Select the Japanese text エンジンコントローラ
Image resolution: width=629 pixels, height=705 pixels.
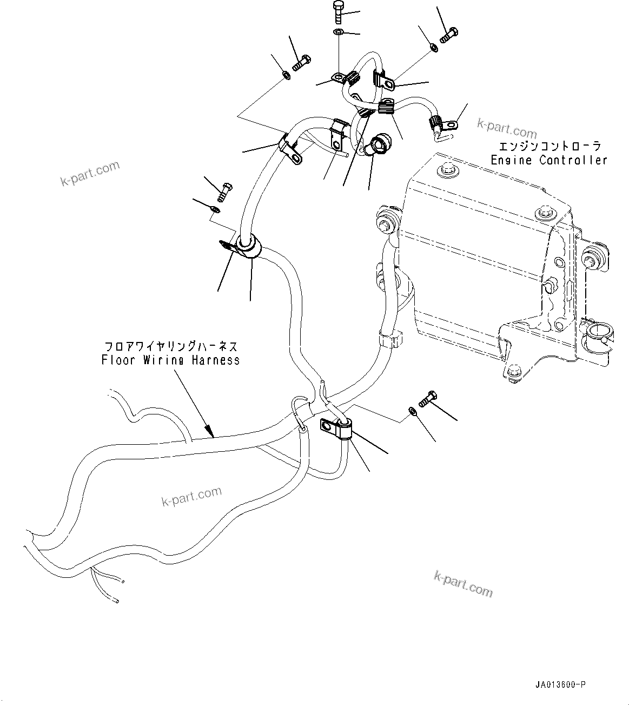pos(549,147)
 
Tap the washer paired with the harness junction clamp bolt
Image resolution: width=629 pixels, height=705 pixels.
pos(413,413)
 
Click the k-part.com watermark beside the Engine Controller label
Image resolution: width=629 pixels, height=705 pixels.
pos(507,129)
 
